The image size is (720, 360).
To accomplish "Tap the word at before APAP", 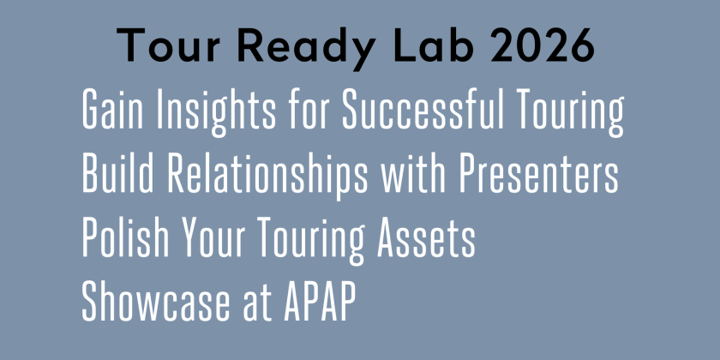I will coord(245,303).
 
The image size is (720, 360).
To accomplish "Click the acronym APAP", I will coord(311,303).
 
